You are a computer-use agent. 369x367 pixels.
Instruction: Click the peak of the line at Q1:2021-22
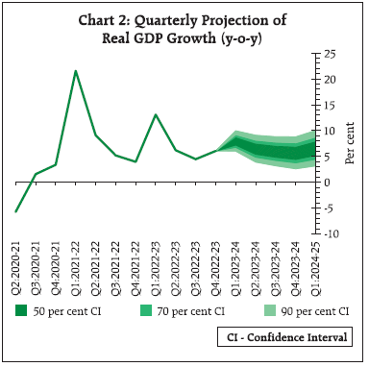point(75,71)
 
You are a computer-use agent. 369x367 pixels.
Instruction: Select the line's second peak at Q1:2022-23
point(156,114)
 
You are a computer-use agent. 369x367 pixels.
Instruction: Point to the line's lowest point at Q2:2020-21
point(15,211)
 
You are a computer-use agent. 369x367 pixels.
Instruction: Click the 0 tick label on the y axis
point(327,182)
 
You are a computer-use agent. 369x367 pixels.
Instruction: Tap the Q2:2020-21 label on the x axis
point(16,265)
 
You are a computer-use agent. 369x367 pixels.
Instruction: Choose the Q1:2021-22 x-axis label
point(76,265)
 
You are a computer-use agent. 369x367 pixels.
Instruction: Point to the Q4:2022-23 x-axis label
point(216,265)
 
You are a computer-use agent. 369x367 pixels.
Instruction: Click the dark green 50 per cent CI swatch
point(20,310)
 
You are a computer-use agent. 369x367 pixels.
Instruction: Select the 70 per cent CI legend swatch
point(145,310)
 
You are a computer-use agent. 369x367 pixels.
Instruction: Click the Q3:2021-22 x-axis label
point(115,265)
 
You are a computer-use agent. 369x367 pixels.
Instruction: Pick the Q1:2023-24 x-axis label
point(235,265)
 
